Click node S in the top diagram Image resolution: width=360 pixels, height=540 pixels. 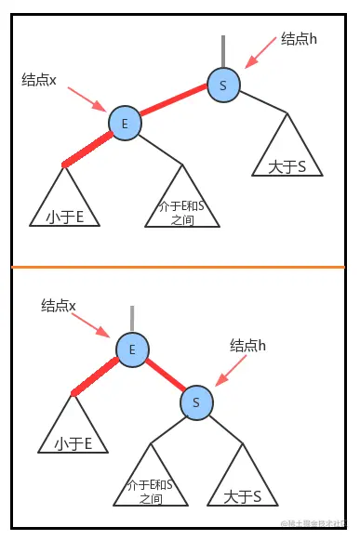[x=223, y=85]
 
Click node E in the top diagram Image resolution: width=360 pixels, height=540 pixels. [x=125, y=123]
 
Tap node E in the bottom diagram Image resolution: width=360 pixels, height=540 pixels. [x=132, y=349]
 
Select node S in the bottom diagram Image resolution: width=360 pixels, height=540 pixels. [x=196, y=402]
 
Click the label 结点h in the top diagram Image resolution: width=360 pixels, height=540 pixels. [x=300, y=40]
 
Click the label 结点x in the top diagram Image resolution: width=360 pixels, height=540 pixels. [x=40, y=81]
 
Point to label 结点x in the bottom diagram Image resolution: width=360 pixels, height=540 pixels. [x=59, y=305]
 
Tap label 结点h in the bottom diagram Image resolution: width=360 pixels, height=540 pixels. [x=248, y=345]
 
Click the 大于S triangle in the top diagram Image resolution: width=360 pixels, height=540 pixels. [x=287, y=152]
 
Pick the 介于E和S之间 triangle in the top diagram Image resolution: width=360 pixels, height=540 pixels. [x=182, y=204]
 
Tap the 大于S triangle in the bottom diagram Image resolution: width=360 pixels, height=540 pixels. [x=241, y=483]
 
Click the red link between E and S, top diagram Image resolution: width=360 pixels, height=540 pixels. [x=174, y=103]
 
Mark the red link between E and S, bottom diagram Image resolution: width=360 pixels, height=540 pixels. [x=164, y=375]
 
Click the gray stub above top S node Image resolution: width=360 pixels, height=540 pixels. [x=223, y=51]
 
